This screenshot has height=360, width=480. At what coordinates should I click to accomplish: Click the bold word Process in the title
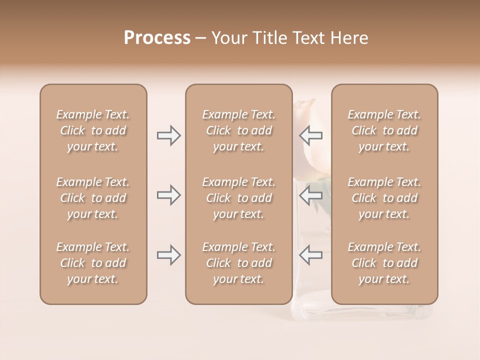[157, 38]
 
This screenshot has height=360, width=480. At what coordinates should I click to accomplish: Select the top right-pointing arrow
[168, 135]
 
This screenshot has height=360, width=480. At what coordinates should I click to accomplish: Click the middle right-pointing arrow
[168, 195]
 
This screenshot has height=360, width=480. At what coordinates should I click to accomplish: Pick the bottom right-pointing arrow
[168, 255]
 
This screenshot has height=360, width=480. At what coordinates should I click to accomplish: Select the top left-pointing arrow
[311, 135]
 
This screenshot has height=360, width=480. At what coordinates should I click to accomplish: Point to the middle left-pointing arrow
[311, 195]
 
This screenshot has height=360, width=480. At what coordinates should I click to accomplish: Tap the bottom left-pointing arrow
[311, 255]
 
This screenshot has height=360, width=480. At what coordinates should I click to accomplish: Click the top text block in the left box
[93, 130]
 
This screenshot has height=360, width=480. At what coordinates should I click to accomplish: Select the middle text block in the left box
[93, 198]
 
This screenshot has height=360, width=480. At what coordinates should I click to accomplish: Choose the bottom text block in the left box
[93, 263]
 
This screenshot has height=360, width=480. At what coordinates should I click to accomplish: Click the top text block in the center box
[238, 130]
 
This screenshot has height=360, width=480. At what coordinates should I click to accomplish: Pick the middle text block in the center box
[238, 198]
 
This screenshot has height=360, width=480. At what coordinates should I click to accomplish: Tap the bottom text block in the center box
[238, 263]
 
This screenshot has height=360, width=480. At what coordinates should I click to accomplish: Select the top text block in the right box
[384, 130]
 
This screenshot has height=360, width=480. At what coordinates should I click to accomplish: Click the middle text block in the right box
[384, 198]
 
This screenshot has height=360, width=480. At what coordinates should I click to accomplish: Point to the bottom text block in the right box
[384, 263]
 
